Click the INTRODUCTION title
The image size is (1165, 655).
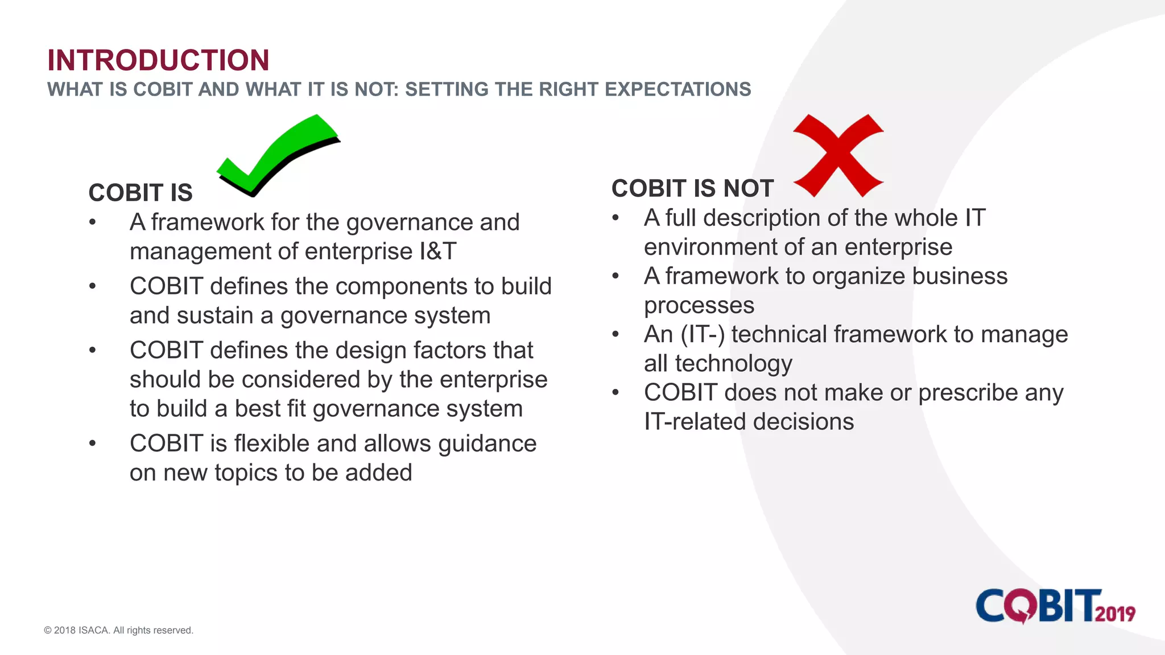[158, 60]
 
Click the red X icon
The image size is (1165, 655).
[838, 155]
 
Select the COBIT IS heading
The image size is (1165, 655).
[141, 193]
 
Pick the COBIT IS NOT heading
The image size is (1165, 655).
[692, 188]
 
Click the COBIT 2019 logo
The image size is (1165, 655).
[1055, 606]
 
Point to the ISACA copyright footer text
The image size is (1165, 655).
[118, 630]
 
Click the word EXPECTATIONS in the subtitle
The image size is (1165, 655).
[677, 89]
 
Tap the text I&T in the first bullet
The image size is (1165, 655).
[438, 251]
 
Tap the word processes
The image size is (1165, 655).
[699, 306]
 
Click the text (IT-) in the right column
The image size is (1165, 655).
[703, 334]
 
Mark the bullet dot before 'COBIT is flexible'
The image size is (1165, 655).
[92, 443]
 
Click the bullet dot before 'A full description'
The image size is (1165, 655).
[615, 218]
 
